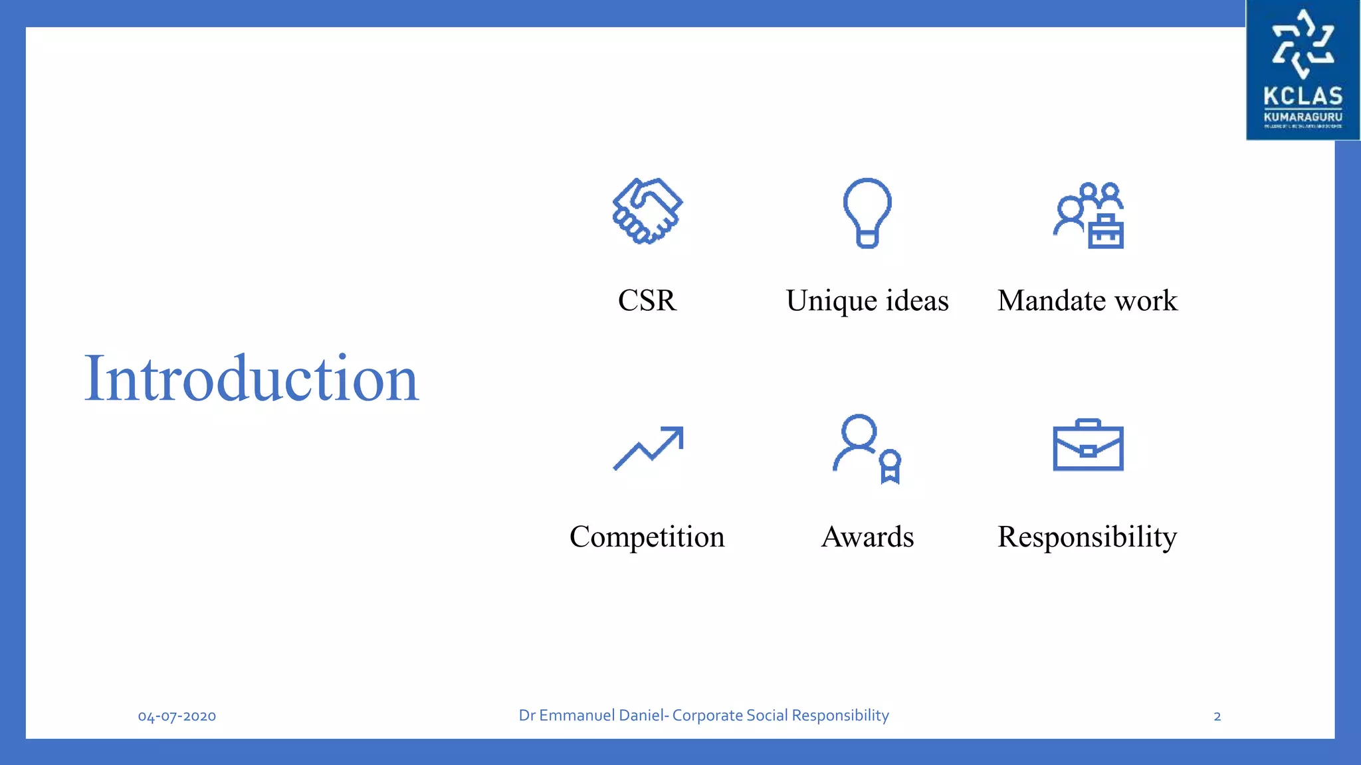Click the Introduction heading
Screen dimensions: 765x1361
(x=251, y=379)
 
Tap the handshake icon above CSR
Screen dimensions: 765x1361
(x=647, y=211)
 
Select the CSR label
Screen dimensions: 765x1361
(x=647, y=301)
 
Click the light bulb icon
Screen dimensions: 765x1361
(x=867, y=212)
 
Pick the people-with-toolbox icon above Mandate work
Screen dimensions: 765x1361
(x=1089, y=215)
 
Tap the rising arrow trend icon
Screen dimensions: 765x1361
(x=648, y=448)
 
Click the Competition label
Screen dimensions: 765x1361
(x=647, y=537)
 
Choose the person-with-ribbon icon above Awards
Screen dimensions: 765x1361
(x=867, y=449)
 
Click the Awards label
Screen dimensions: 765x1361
(x=867, y=537)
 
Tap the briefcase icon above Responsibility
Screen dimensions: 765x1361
(x=1088, y=446)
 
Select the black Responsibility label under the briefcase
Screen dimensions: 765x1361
(x=1087, y=537)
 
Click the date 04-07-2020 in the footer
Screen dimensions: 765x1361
(x=177, y=717)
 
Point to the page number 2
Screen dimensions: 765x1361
(x=1217, y=717)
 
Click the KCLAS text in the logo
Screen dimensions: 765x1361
(x=1303, y=96)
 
